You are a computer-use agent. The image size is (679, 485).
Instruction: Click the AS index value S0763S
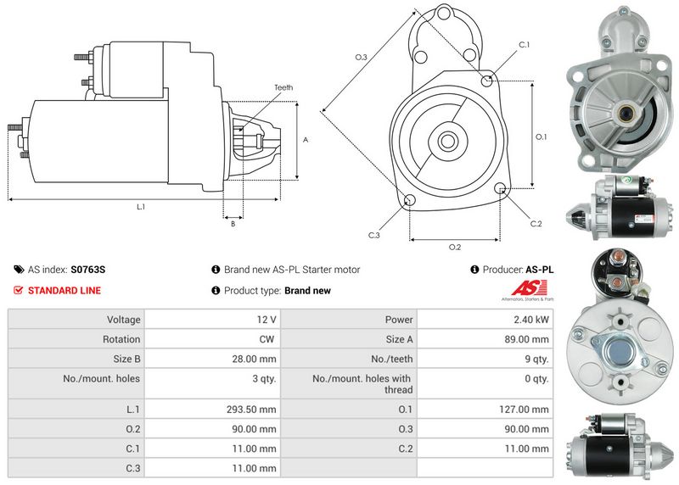point(88,270)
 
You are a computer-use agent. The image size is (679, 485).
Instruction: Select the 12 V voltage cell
point(267,320)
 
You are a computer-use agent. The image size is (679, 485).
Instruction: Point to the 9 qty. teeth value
point(536,359)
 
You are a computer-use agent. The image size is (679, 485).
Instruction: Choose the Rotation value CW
point(268,339)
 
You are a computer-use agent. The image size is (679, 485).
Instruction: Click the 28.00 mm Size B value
point(257,359)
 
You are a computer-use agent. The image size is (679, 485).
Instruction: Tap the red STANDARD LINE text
point(65,291)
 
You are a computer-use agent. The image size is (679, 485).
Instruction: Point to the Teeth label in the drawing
point(283,88)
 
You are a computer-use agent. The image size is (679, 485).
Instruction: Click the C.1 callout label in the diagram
point(524,45)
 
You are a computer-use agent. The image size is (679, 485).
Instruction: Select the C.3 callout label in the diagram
point(373,235)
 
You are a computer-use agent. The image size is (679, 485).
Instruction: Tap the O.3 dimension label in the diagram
point(360,57)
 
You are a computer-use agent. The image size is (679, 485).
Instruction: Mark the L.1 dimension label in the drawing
point(141,207)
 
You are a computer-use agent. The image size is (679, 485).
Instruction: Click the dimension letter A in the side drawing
point(305,140)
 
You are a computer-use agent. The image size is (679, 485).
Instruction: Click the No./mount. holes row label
point(102,378)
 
